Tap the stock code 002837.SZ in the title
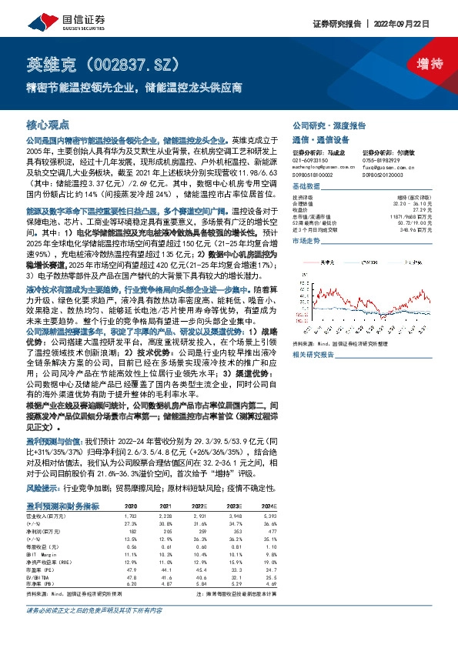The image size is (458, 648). [132, 62]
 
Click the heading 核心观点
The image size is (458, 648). [48, 123]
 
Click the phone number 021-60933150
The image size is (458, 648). [309, 159]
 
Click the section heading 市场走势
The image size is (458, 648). [305, 242]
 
